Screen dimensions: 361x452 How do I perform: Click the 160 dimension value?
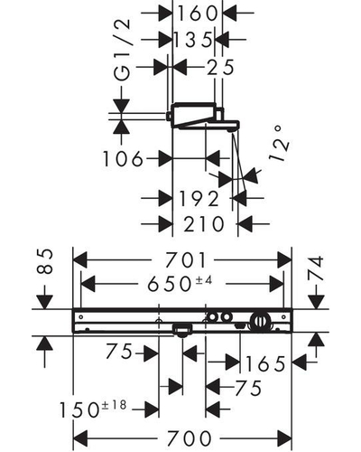click(x=198, y=14)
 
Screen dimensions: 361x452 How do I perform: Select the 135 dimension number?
click(x=194, y=40)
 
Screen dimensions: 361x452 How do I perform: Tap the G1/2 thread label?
click(x=123, y=50)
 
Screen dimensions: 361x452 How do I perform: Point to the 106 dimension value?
click(x=123, y=159)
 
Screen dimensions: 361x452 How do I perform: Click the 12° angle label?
click(x=279, y=144)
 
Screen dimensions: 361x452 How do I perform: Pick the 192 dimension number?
click(x=199, y=199)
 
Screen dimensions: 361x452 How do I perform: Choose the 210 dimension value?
click(x=204, y=224)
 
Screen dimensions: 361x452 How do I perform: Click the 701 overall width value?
click(x=187, y=259)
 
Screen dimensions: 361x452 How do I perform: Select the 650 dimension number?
click(x=169, y=284)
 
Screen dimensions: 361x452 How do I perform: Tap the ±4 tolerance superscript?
click(x=204, y=280)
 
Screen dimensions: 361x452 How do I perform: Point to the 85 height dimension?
click(x=45, y=261)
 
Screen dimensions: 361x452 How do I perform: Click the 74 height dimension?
click(x=316, y=268)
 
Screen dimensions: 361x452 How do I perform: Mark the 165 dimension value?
click(x=265, y=364)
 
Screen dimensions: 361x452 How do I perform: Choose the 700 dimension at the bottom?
click(x=189, y=438)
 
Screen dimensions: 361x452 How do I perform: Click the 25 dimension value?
click(x=220, y=67)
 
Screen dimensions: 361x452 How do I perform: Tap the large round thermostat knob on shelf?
click(x=260, y=321)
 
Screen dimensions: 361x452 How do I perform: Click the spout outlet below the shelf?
click(x=182, y=330)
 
